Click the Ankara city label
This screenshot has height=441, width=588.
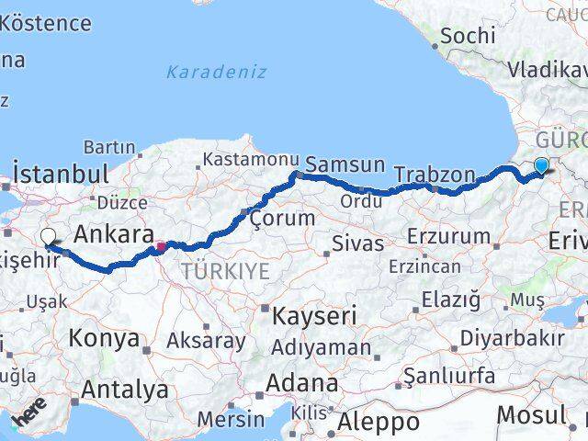pyautogui.click(x=113, y=234)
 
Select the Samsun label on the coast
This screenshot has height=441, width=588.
pyautogui.click(x=345, y=164)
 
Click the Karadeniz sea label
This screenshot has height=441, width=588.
pyautogui.click(x=217, y=72)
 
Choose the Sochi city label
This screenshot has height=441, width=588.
pyautogui.click(x=468, y=36)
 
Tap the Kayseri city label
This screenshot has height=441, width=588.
pyautogui.click(x=314, y=317)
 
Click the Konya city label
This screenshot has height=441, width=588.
pyautogui.click(x=103, y=338)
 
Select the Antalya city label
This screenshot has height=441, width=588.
pyautogui.click(x=124, y=390)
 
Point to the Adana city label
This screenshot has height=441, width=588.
pyautogui.click(x=302, y=382)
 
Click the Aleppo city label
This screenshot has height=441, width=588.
pyautogui.click(x=379, y=422)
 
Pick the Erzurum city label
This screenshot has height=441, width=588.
pyautogui.click(x=448, y=236)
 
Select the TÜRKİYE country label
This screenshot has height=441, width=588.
pyautogui.click(x=225, y=271)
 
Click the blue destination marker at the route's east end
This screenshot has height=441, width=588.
pyautogui.click(x=541, y=165)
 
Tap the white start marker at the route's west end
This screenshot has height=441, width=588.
pyautogui.click(x=49, y=237)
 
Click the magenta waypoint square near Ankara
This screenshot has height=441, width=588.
pyautogui.click(x=160, y=246)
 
